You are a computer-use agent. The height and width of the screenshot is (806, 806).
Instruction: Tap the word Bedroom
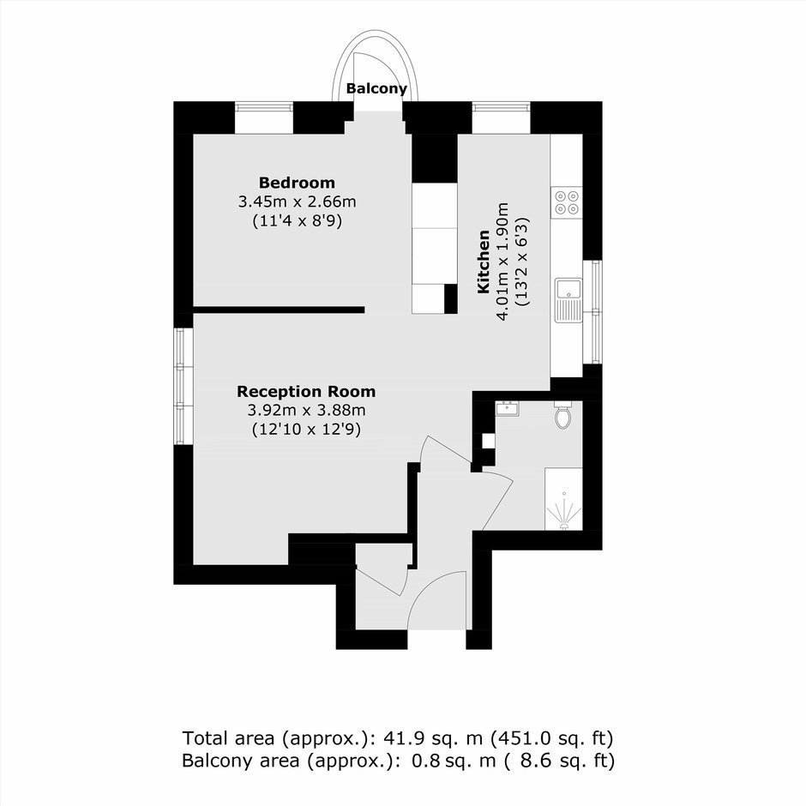pyautogui.click(x=297, y=183)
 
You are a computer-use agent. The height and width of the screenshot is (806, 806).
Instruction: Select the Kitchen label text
pyautogui.click(x=484, y=262)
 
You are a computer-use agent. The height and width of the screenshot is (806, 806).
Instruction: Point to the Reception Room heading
pyautogui.click(x=306, y=392)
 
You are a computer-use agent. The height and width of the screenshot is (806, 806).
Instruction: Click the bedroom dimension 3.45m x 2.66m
pyautogui.click(x=297, y=202)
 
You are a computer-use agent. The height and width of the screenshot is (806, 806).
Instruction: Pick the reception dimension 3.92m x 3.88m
pyautogui.click(x=306, y=411)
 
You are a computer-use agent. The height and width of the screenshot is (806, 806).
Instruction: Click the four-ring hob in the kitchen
pyautogui.click(x=566, y=201)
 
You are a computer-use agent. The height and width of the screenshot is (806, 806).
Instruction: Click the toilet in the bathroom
pyautogui.click(x=563, y=417)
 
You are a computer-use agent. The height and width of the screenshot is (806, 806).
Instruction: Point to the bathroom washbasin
pyautogui.click(x=508, y=407)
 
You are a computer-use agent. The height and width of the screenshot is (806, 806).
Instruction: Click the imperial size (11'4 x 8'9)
pyautogui.click(x=297, y=220)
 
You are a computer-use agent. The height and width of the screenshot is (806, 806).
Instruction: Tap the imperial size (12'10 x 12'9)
pyautogui.click(x=306, y=430)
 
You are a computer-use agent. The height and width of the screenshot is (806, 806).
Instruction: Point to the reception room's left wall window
pyautogui.click(x=180, y=386)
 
